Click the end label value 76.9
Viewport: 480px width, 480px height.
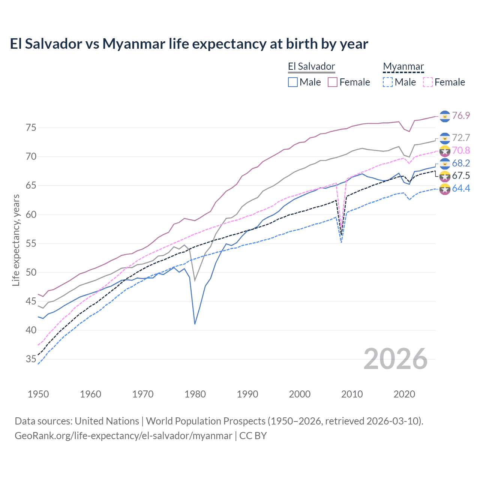[x=461, y=115]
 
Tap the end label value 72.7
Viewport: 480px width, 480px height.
[x=461, y=138]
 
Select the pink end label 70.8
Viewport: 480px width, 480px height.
[x=461, y=150]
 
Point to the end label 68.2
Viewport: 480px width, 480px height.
[x=461, y=163]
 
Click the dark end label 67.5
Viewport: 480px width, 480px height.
[x=461, y=176]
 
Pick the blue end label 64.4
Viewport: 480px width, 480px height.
[x=461, y=188]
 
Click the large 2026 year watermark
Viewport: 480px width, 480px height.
[x=396, y=359]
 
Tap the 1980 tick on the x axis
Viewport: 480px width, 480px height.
[x=195, y=394]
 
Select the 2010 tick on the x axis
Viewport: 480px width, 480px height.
[x=352, y=394]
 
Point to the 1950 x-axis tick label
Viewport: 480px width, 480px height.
[x=38, y=394]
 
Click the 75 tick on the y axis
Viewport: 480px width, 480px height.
[x=31, y=127]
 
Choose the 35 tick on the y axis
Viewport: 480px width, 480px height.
[x=31, y=359]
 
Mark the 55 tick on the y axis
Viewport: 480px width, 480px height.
[x=31, y=243]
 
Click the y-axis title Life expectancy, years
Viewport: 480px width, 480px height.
[x=16, y=240]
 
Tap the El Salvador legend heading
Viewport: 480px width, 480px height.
[x=311, y=67]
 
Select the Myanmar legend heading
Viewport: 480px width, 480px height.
[x=403, y=67]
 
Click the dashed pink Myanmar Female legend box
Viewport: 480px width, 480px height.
[x=428, y=82]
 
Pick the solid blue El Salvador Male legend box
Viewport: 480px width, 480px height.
[x=293, y=82]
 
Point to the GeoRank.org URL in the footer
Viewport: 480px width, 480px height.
[x=123, y=436]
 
